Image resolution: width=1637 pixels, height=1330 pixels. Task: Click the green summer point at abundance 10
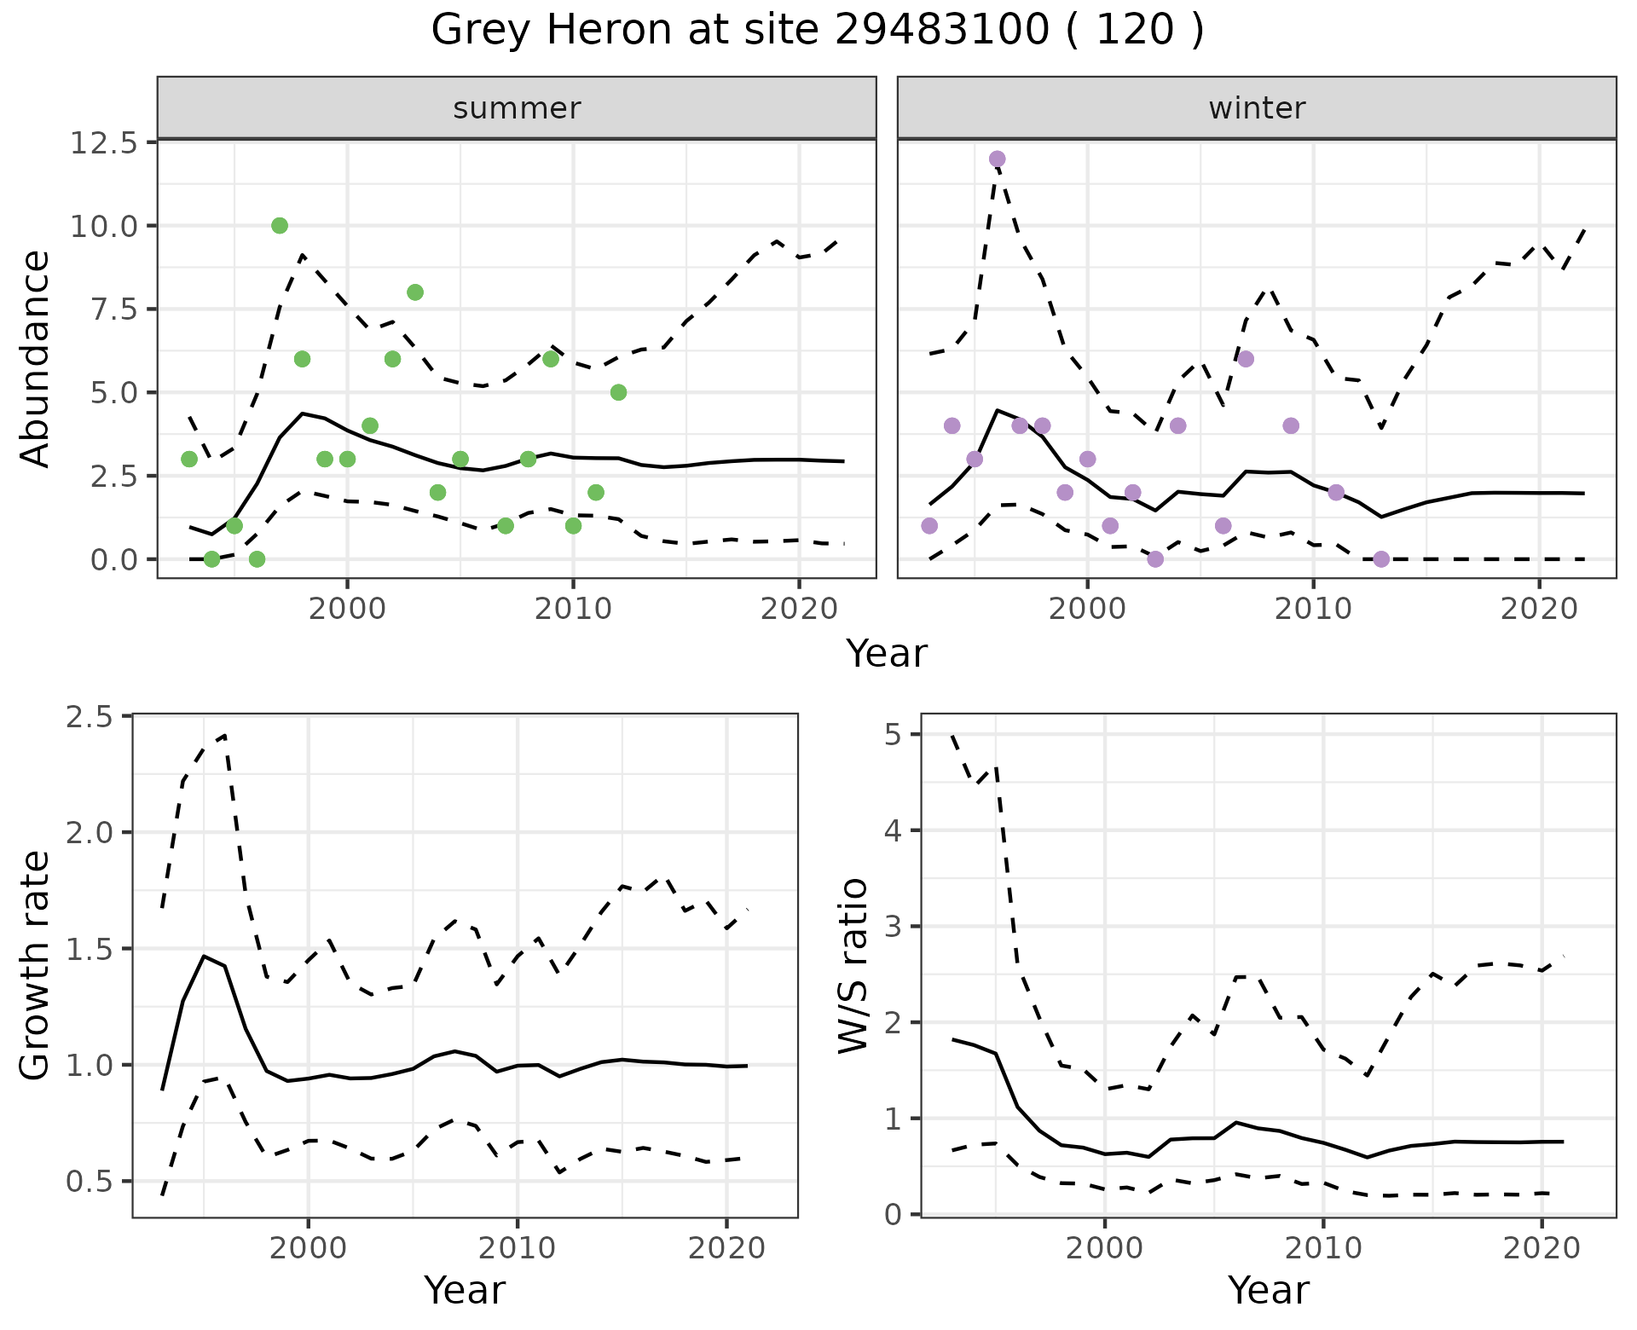click(280, 226)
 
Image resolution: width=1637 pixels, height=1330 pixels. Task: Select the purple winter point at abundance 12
click(998, 159)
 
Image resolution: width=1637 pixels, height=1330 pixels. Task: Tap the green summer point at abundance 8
click(415, 292)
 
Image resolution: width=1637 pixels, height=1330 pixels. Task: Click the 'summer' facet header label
click(517, 108)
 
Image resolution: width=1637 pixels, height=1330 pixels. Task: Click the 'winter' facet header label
click(1257, 108)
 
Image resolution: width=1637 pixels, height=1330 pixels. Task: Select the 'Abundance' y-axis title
click(36, 359)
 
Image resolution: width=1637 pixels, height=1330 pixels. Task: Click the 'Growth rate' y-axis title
click(36, 965)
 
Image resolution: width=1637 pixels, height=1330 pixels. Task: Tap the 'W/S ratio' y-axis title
click(853, 965)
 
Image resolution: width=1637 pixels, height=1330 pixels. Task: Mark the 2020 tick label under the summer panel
click(798, 610)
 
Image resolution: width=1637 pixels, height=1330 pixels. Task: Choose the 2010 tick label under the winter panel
click(1313, 610)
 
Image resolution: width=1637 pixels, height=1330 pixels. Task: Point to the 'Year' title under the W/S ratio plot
click(1268, 1291)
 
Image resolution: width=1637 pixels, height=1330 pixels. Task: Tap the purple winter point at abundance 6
click(1246, 359)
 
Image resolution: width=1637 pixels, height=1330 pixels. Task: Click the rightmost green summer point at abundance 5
click(619, 392)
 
